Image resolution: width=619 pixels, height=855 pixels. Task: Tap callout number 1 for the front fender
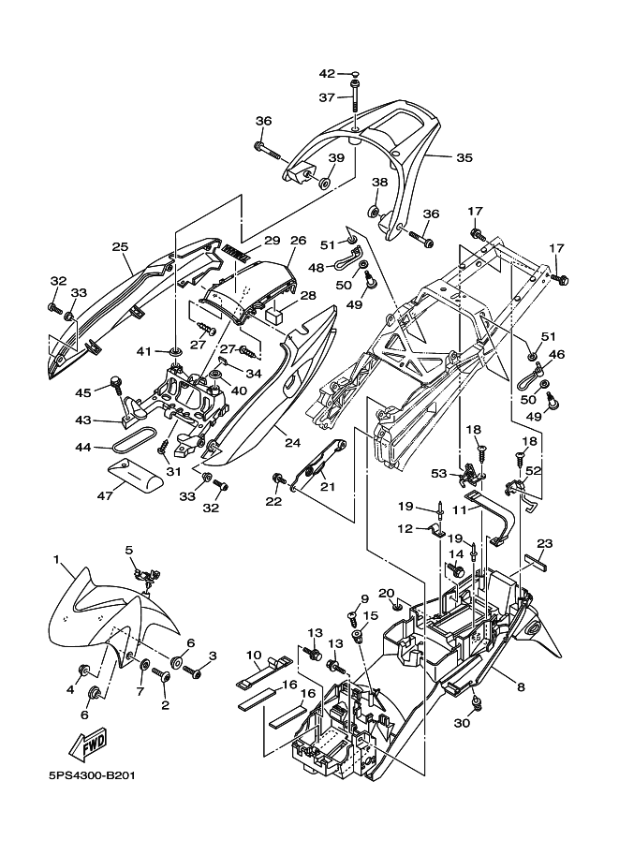[58, 562]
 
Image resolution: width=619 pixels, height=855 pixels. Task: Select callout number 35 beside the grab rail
[464, 157]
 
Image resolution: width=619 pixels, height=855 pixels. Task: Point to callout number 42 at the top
[327, 73]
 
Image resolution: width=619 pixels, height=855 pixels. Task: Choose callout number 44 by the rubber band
[82, 448]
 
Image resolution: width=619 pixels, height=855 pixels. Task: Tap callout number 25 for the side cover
[119, 246]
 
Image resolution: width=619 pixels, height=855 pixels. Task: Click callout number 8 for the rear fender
[520, 686]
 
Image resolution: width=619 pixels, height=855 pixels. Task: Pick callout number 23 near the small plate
[545, 543]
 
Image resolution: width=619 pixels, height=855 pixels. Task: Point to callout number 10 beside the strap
[254, 654]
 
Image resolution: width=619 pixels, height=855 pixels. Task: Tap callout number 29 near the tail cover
[272, 241]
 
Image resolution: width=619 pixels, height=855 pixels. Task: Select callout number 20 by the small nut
[385, 593]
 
